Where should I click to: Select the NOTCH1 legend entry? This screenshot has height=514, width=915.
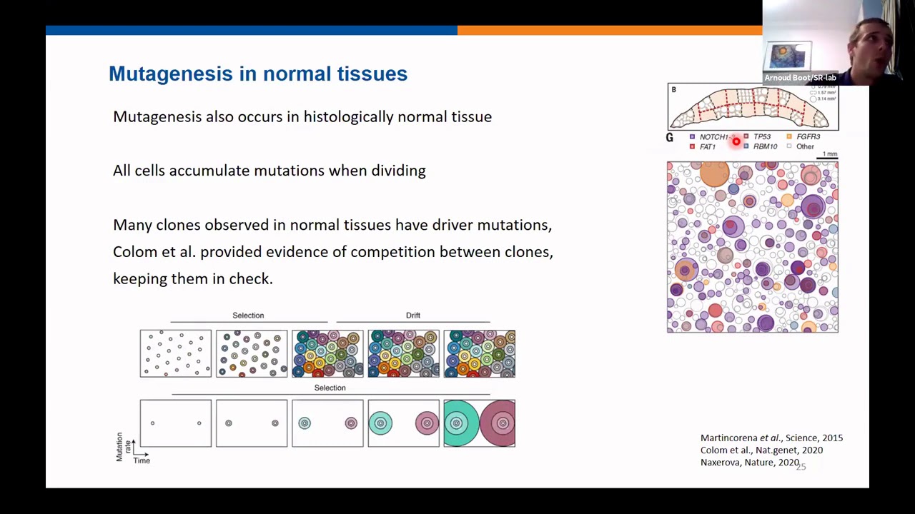coord(713,137)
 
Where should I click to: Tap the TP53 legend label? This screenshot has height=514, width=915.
coord(761,137)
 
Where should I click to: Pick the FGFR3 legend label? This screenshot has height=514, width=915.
coord(808,137)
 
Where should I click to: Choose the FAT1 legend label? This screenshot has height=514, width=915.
coord(707,147)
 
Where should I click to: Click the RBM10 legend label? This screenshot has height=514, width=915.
coord(765,147)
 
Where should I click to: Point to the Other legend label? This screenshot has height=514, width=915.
coord(805,147)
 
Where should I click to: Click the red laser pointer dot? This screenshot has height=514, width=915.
coord(736,141)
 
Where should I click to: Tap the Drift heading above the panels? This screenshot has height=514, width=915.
coord(413,315)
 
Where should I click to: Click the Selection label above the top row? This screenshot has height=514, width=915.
coord(248,315)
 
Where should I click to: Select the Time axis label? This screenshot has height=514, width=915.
coord(142,460)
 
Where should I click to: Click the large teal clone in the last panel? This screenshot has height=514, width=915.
coord(457,423)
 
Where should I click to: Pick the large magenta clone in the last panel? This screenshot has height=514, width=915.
coord(500,423)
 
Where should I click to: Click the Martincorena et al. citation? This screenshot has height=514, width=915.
coord(771,438)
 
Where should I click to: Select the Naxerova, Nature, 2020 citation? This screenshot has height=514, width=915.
coord(749,463)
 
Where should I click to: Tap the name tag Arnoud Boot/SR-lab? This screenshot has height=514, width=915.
coord(800,78)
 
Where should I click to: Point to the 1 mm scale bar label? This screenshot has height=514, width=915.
coord(829,153)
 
